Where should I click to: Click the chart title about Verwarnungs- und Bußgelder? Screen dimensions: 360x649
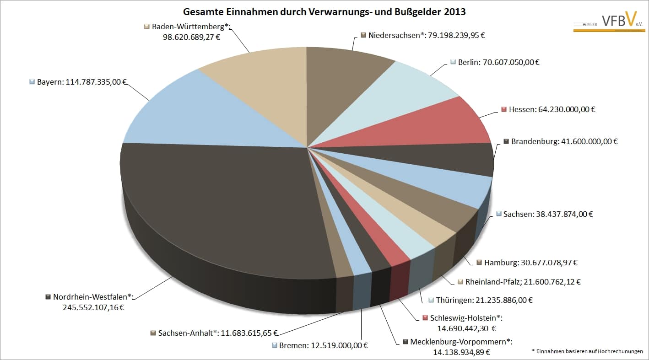(x=324, y=12)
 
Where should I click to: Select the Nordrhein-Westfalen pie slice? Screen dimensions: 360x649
(x=220, y=206)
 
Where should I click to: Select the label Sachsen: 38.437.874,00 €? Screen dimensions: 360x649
(x=547, y=214)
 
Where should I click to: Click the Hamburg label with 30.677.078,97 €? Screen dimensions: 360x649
(x=531, y=263)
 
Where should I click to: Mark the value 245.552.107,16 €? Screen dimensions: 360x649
(x=93, y=307)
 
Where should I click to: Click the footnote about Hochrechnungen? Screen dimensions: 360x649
(x=587, y=351)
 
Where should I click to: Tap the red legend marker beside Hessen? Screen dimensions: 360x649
(x=504, y=109)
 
